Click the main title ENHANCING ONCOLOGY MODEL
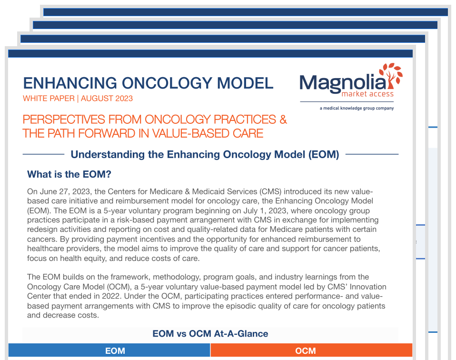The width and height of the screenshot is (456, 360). point(148,83)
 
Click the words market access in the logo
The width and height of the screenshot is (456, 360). point(367,94)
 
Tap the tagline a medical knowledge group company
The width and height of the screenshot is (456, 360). point(357,108)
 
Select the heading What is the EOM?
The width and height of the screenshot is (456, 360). point(69,174)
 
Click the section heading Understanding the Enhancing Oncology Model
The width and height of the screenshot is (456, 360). point(205,154)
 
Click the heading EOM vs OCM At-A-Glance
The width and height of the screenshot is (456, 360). point(210,334)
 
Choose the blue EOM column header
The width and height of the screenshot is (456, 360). point(115,351)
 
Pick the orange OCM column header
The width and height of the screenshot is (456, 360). point(305,351)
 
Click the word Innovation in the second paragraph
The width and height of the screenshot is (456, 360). point(363,287)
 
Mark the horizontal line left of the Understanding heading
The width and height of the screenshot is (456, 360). point(43,154)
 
